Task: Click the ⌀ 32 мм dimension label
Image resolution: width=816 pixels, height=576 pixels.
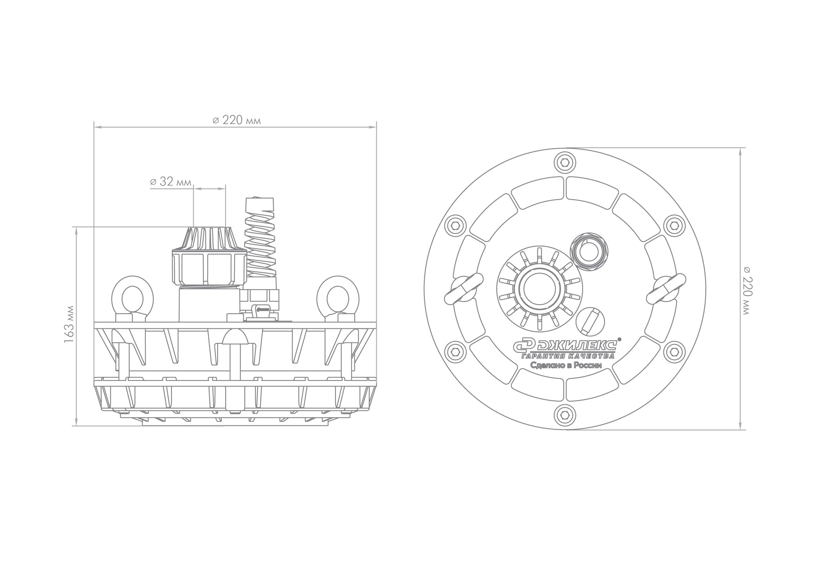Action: pyautogui.click(x=170, y=182)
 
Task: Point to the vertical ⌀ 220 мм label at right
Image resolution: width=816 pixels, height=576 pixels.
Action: pyautogui.click(x=746, y=291)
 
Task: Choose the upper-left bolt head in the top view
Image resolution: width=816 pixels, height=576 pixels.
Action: pyautogui.click(x=455, y=225)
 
